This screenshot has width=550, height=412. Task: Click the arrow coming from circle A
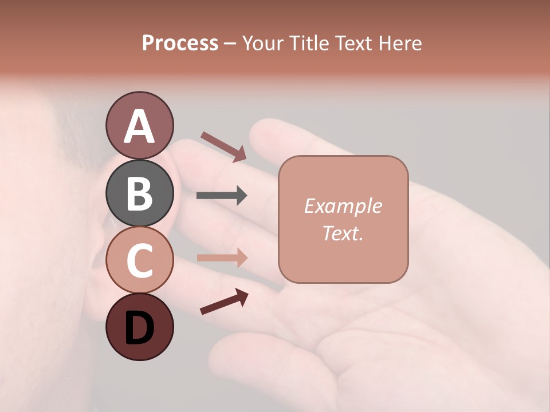pos(223,146)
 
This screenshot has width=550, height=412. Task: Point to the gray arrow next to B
pos(222,196)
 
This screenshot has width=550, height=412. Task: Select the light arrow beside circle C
pos(222,257)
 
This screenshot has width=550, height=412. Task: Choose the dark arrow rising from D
pos(224,302)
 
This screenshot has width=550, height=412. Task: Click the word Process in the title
pos(180,43)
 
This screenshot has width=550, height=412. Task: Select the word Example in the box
pos(343,206)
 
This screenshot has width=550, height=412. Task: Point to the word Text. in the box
pos(343,233)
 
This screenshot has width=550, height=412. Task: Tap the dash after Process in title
pos(230,43)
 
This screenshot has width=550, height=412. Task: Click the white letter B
pos(139,193)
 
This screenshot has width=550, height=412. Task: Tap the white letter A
pos(139,126)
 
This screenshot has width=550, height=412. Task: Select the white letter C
pos(139,260)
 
